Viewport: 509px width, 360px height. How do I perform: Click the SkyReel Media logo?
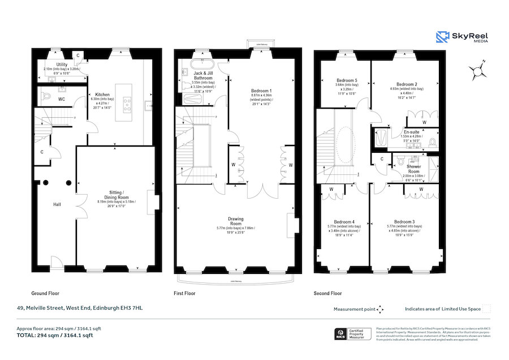click(x=461, y=37)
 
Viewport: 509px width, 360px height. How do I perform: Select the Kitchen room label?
click(x=102, y=95)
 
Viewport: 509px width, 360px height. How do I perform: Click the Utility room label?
click(x=62, y=65)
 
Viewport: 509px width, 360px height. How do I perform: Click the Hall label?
click(x=57, y=204)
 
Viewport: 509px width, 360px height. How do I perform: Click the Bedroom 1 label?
click(x=261, y=91)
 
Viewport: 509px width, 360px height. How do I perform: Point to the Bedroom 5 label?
click(x=344, y=80)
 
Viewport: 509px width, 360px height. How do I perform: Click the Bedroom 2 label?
click(x=406, y=84)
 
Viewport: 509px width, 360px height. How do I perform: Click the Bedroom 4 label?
click(x=344, y=222)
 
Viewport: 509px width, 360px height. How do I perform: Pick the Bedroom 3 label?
click(x=404, y=222)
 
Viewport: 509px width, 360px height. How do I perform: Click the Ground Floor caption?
click(x=45, y=294)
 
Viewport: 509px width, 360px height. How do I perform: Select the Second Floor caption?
click(x=327, y=294)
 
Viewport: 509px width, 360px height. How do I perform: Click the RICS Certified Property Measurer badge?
click(x=354, y=334)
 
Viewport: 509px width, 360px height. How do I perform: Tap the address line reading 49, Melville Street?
click(x=79, y=308)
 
